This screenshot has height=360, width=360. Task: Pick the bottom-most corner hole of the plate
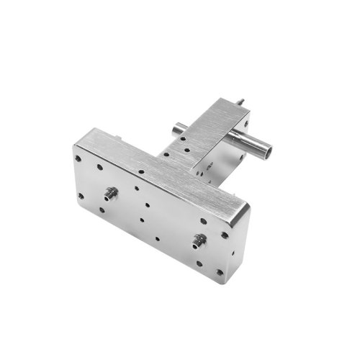219,271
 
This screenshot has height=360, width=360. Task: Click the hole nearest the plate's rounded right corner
225,235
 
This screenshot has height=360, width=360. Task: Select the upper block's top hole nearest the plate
186,152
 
